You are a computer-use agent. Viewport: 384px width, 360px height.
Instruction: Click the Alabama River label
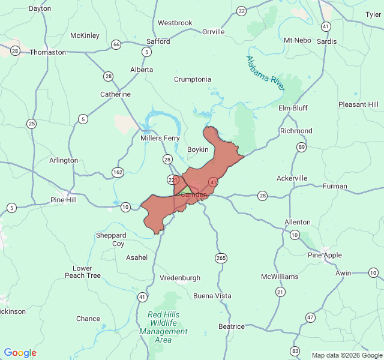pyautogui.click(x=265, y=73)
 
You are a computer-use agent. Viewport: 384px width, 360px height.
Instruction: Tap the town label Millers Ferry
pyautogui.click(x=160, y=138)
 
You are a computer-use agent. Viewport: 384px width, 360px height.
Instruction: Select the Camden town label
pyautogui.click(x=194, y=194)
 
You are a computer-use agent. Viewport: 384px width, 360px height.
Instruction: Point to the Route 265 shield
pyautogui.click(x=221, y=258)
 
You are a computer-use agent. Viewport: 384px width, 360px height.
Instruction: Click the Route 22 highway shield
pyautogui.click(x=241, y=11)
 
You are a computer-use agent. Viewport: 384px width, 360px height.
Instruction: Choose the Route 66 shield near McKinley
pyautogui.click(x=116, y=44)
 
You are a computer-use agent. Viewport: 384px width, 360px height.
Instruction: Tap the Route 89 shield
pyautogui.click(x=301, y=147)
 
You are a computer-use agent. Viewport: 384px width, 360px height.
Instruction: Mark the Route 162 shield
pyautogui.click(x=118, y=173)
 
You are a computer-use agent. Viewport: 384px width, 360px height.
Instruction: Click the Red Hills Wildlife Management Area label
pyautogui.click(x=163, y=327)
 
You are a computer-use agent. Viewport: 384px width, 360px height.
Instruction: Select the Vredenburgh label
pyautogui.click(x=180, y=278)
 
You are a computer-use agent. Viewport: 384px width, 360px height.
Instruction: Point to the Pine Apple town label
pyautogui.click(x=325, y=255)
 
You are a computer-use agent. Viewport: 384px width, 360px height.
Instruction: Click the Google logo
pyautogui.click(x=20, y=353)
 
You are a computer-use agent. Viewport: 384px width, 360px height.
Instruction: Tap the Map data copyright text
pyautogui.click(x=346, y=354)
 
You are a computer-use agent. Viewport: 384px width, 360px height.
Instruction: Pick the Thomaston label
pyautogui.click(x=48, y=52)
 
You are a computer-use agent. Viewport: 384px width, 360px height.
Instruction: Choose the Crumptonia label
pyautogui.click(x=193, y=79)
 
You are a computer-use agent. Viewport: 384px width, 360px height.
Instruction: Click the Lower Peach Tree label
pyautogui.click(x=83, y=272)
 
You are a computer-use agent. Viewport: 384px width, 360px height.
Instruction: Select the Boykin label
pyautogui.click(x=198, y=149)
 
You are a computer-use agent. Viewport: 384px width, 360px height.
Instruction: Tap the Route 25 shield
pyautogui.click(x=31, y=124)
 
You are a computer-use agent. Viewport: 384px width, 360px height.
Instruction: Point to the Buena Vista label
pyautogui.click(x=212, y=296)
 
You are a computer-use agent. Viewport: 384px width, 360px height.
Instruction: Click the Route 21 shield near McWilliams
pyautogui.click(x=280, y=292)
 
